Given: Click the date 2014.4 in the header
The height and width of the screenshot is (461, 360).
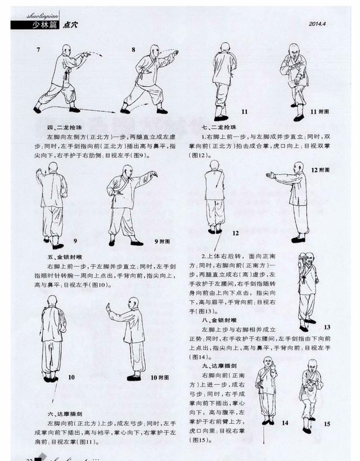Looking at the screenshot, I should [318, 23].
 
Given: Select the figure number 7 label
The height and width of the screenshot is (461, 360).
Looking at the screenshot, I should [38, 50].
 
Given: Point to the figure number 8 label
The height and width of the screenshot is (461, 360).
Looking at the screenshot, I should [133, 50].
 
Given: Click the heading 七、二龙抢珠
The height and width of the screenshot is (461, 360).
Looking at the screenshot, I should [221, 128].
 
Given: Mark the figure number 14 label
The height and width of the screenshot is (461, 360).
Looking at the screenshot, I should [285, 422].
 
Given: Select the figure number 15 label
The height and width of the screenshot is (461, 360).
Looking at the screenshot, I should [327, 424].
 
